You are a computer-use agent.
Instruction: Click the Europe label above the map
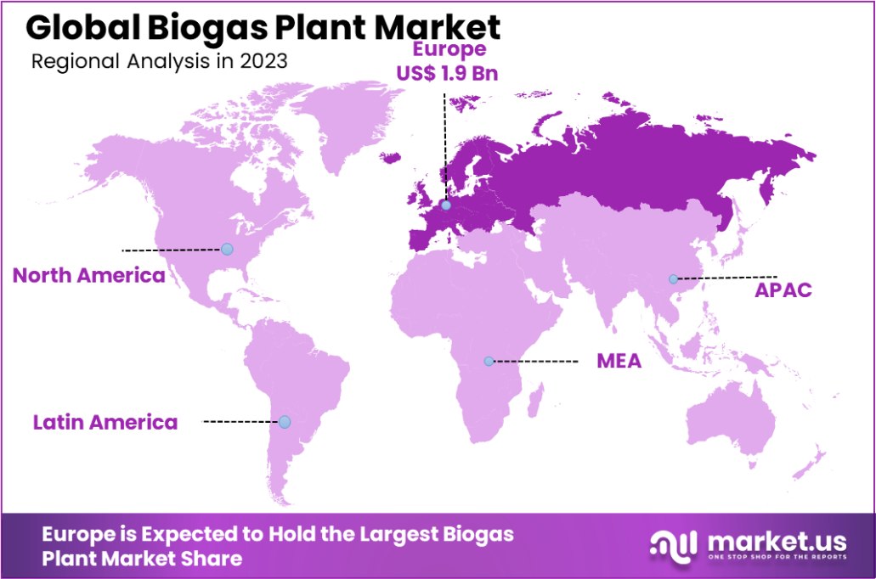tap(446, 51)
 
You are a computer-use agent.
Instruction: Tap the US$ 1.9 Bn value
tap(446, 73)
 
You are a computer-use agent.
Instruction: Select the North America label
tap(88, 276)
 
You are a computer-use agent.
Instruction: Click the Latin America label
tap(105, 422)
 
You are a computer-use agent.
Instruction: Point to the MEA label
tap(618, 361)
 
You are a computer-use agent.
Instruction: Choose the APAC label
tap(783, 290)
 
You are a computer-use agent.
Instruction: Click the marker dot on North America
tap(227, 249)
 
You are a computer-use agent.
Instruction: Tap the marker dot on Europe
tap(446, 205)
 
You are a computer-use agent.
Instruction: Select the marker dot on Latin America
tap(285, 422)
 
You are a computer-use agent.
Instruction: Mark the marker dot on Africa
tap(489, 361)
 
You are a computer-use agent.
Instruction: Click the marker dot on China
tap(673, 278)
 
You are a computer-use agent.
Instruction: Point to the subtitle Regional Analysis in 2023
tap(158, 61)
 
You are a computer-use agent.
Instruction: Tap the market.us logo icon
tap(673, 546)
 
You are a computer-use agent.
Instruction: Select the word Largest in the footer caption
tap(398, 535)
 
